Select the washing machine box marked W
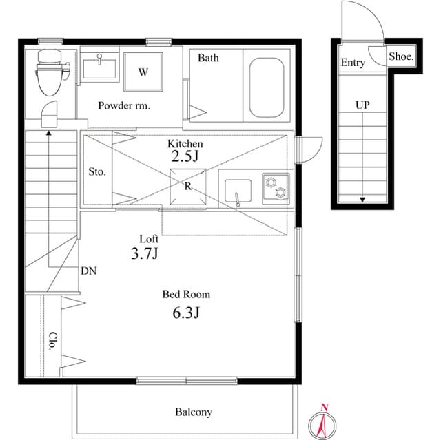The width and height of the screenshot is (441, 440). (x=143, y=72)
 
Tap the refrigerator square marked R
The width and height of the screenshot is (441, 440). (x=187, y=186)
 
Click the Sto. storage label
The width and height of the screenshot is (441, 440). (x=97, y=171)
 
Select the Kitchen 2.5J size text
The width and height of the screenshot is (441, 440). (x=185, y=156)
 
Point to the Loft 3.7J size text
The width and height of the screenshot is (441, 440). (x=145, y=253)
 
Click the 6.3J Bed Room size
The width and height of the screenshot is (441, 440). (x=186, y=314)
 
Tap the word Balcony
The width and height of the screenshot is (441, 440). (x=193, y=412)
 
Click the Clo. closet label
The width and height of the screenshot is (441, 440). (x=52, y=342)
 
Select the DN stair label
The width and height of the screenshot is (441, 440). (x=88, y=271)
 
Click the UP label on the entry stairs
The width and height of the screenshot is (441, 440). (x=362, y=105)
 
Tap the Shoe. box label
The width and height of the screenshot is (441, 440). (x=400, y=58)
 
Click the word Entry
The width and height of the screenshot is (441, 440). (x=352, y=63)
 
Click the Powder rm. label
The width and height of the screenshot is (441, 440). (x=124, y=106)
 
